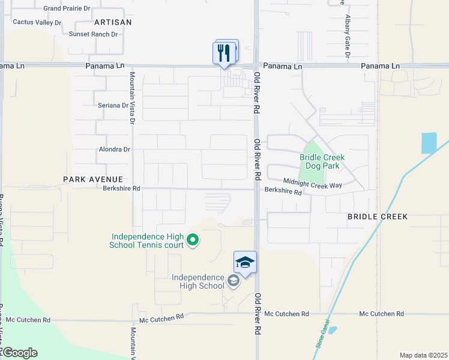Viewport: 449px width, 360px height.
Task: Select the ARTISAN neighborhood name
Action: (x=109, y=22)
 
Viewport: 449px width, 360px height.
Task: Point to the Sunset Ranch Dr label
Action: (x=93, y=34)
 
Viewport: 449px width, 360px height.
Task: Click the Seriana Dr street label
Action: (x=113, y=106)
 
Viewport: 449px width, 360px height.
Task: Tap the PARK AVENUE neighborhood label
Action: (x=93, y=179)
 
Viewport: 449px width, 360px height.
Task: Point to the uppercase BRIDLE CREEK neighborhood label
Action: (x=377, y=216)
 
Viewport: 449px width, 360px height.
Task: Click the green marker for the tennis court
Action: (x=193, y=241)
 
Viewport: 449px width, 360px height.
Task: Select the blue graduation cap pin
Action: (x=245, y=263)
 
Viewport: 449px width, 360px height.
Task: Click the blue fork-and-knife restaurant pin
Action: (x=224, y=53)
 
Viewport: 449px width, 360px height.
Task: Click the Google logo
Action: (x=19, y=353)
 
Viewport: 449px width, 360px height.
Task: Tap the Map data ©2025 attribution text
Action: (x=423, y=355)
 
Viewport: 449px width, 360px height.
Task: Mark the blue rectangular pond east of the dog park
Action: (x=429, y=143)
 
